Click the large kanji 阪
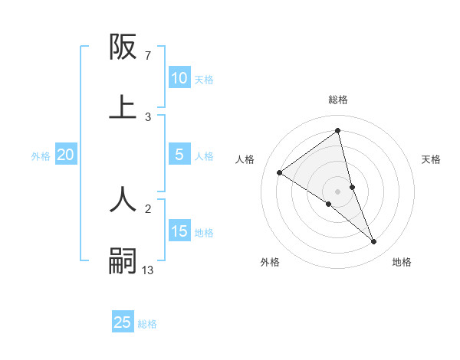point(123,47)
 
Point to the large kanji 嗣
point(123,260)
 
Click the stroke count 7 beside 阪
point(147,56)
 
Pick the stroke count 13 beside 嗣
point(148,270)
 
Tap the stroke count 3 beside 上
point(147,116)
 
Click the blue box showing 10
point(179,78)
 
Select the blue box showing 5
point(179,155)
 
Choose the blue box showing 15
point(179,231)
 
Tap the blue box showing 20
point(65,155)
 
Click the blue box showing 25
point(123,322)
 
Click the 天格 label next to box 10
point(204,80)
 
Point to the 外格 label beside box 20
point(41,156)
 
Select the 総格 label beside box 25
point(147,324)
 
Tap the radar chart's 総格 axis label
point(338,100)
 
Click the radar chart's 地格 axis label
point(402,262)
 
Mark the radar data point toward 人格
point(280,172)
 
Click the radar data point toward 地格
point(374,241)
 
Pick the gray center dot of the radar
point(338,191)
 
